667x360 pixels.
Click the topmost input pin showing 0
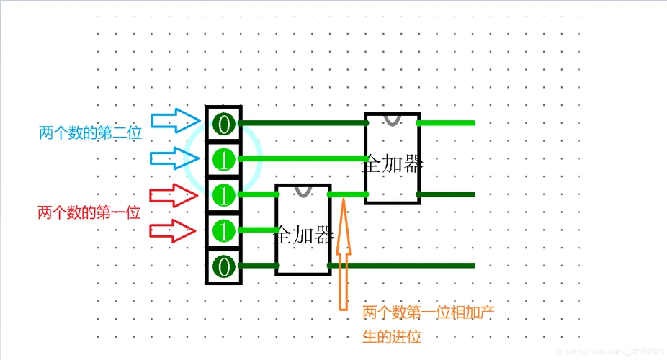pos(224,124)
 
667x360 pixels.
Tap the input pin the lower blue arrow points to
pos(224,159)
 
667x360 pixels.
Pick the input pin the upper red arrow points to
pos(224,194)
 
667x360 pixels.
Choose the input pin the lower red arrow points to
pos(224,230)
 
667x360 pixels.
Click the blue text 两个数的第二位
pos(90,133)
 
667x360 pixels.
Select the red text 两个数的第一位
pos(89,212)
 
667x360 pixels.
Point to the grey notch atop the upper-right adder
pos(392,119)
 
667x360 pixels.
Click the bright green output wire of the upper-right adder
pos(447,123)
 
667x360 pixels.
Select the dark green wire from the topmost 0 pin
pos(303,123)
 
